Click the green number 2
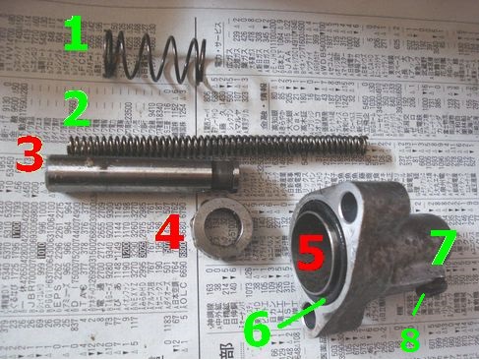(x=74, y=109)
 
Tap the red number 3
(x=29, y=154)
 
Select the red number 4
(x=168, y=232)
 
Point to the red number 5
(x=312, y=251)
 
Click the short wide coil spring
(x=157, y=59)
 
